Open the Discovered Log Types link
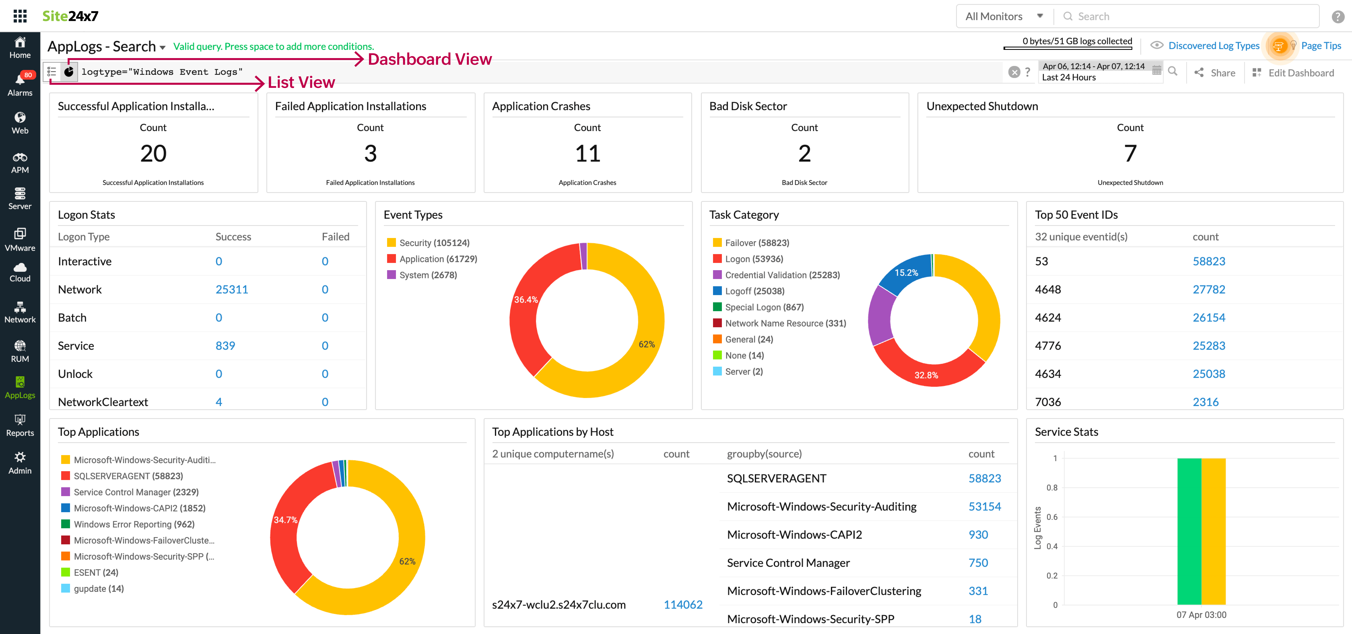1213,46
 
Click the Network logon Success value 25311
231,289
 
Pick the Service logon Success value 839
225,346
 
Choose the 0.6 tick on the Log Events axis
1052,517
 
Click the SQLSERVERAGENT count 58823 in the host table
985,478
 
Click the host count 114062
683,605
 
